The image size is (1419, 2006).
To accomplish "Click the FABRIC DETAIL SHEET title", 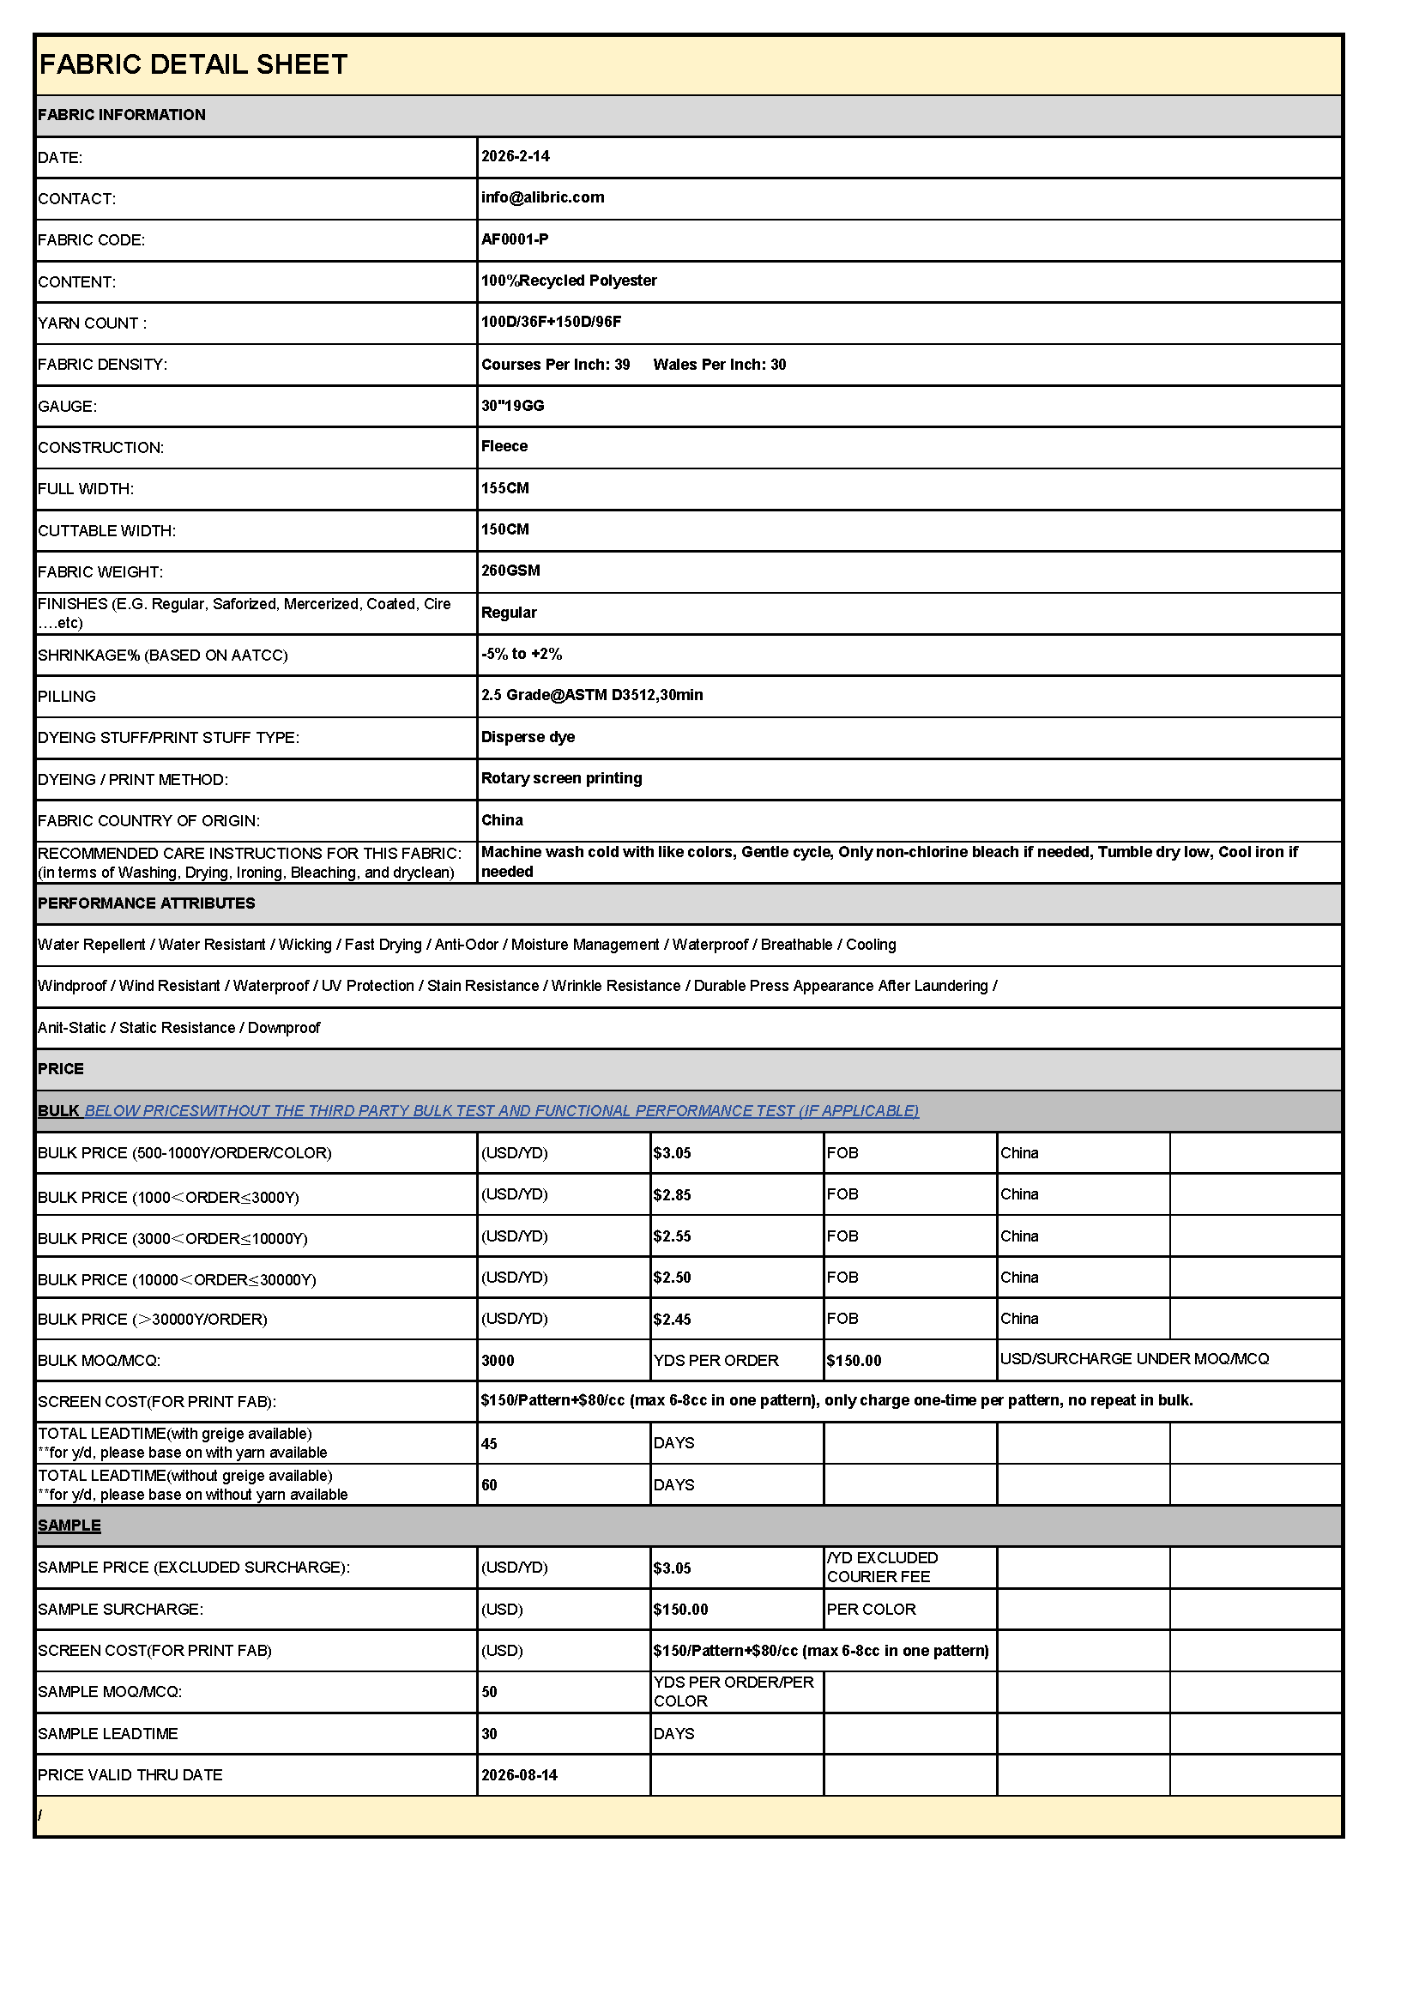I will click(x=193, y=64).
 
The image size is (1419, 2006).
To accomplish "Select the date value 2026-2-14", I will click(x=516, y=156).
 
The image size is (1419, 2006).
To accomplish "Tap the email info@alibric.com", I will click(x=542, y=197).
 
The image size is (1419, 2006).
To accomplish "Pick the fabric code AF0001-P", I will click(x=515, y=239).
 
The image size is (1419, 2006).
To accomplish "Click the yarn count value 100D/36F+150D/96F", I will click(x=552, y=322).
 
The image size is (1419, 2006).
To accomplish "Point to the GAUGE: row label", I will click(x=67, y=407).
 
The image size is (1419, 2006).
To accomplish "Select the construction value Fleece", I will click(x=504, y=446).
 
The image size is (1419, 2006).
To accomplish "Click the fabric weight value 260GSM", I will click(x=510, y=571).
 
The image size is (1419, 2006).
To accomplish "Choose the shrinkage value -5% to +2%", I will click(x=522, y=654).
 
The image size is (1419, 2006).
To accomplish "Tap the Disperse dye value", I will click(x=528, y=736).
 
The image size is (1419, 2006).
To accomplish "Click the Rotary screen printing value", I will click(x=561, y=778).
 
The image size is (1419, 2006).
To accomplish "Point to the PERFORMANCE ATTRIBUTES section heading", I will click(x=146, y=903).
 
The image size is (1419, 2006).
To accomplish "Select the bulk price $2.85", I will click(x=672, y=1195).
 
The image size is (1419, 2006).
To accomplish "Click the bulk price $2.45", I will click(x=672, y=1320).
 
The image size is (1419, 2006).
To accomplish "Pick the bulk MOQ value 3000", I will click(x=498, y=1361).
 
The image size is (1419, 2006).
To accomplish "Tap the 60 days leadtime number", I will click(x=489, y=1485).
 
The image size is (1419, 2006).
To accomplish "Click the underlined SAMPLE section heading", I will click(x=69, y=1526).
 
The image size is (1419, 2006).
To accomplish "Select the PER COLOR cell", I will click(x=871, y=1610).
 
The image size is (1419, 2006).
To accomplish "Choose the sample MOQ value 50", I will click(x=489, y=1692).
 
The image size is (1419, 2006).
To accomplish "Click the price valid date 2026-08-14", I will click(x=519, y=1775).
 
